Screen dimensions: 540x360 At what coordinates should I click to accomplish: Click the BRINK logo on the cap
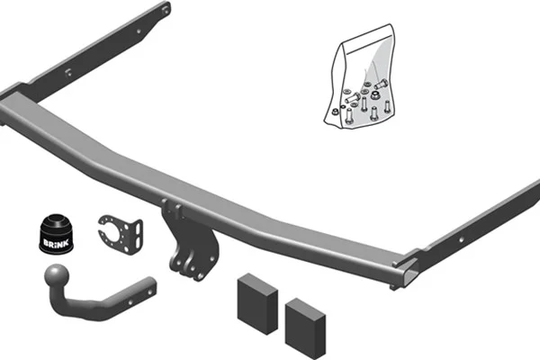56,243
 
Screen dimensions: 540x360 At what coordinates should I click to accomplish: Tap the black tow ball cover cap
56,234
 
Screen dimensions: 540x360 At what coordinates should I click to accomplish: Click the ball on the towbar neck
57,275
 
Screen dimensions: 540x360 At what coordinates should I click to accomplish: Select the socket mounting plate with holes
121,234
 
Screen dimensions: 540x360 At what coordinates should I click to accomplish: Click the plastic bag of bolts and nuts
360,76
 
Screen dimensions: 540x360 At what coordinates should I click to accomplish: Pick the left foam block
257,304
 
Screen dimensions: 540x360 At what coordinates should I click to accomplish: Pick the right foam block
305,328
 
